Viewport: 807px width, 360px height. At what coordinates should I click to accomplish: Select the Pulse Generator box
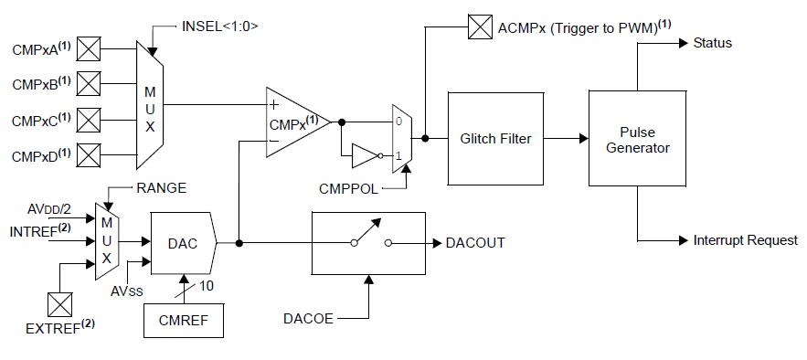pyautogui.click(x=638, y=139)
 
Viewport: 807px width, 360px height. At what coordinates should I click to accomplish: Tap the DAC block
pyautogui.click(x=182, y=244)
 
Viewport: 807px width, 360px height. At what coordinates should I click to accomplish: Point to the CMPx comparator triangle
pyautogui.click(x=295, y=122)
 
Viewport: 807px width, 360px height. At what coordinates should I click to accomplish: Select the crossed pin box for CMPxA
pyautogui.click(x=89, y=48)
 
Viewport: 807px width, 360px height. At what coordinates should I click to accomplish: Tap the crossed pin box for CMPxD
pyautogui.click(x=89, y=155)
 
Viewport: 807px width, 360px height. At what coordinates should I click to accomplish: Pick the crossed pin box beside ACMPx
pyautogui.click(x=480, y=27)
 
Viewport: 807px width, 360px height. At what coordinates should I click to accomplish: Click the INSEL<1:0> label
pyautogui.click(x=219, y=26)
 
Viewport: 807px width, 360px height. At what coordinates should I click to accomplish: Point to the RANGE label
pyautogui.click(x=161, y=188)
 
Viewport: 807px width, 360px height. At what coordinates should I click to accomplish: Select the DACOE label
pyautogui.click(x=310, y=319)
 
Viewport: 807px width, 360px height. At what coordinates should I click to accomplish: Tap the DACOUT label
pyautogui.click(x=475, y=244)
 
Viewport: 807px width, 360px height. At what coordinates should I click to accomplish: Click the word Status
pyautogui.click(x=712, y=43)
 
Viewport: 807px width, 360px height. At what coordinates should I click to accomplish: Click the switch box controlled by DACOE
pyautogui.click(x=368, y=243)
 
